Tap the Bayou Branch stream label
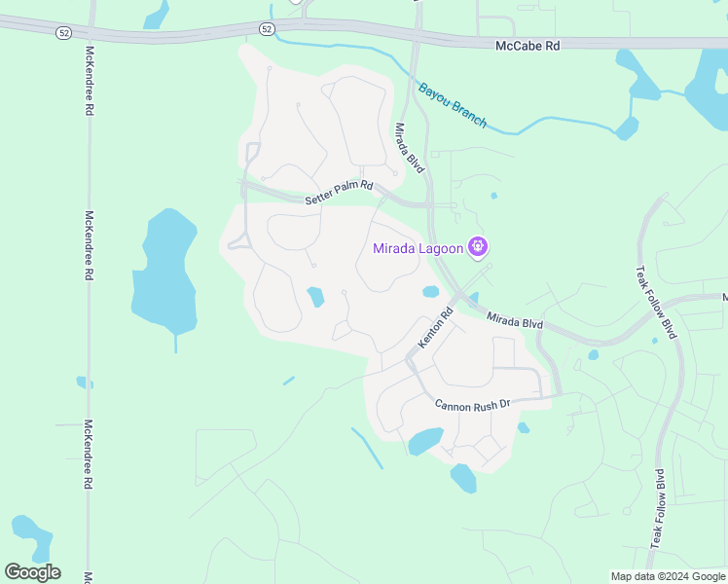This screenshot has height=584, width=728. pos(452,106)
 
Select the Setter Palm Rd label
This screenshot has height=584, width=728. pos(339,193)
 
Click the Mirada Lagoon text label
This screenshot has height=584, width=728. pos(418,248)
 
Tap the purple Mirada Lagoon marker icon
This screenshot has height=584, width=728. pos(478,247)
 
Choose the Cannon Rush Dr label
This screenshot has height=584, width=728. pos(473,405)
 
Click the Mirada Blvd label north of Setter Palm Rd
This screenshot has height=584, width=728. pos(409,148)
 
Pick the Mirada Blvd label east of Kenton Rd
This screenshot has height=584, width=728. pos(514,319)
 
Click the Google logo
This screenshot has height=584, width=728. pos(32,571)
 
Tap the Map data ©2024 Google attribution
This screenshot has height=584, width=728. pos(669,576)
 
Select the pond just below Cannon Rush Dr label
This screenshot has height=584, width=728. pos(425,442)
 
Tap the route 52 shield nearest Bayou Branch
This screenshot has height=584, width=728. pos(267,29)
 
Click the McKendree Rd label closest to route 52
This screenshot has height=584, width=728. pos(89,81)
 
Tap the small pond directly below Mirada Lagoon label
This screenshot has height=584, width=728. pos(430,291)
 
